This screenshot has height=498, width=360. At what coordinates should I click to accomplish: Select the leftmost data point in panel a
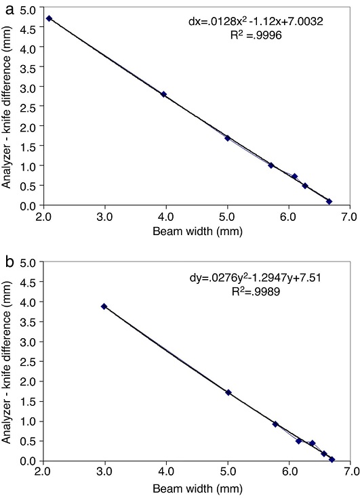tap(49, 18)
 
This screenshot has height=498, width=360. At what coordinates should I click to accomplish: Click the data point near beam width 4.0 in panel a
tap(163, 94)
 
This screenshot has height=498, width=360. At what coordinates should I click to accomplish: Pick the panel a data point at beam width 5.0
tap(228, 138)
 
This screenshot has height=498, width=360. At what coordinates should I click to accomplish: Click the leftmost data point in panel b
tap(104, 306)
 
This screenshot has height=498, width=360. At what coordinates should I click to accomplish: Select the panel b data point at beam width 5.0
tap(228, 392)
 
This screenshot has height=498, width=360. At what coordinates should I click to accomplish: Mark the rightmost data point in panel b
tap(332, 459)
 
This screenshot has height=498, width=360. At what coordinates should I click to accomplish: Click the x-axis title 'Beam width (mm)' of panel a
tap(197, 230)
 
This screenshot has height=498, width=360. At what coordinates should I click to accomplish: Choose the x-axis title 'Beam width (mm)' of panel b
tap(197, 487)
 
